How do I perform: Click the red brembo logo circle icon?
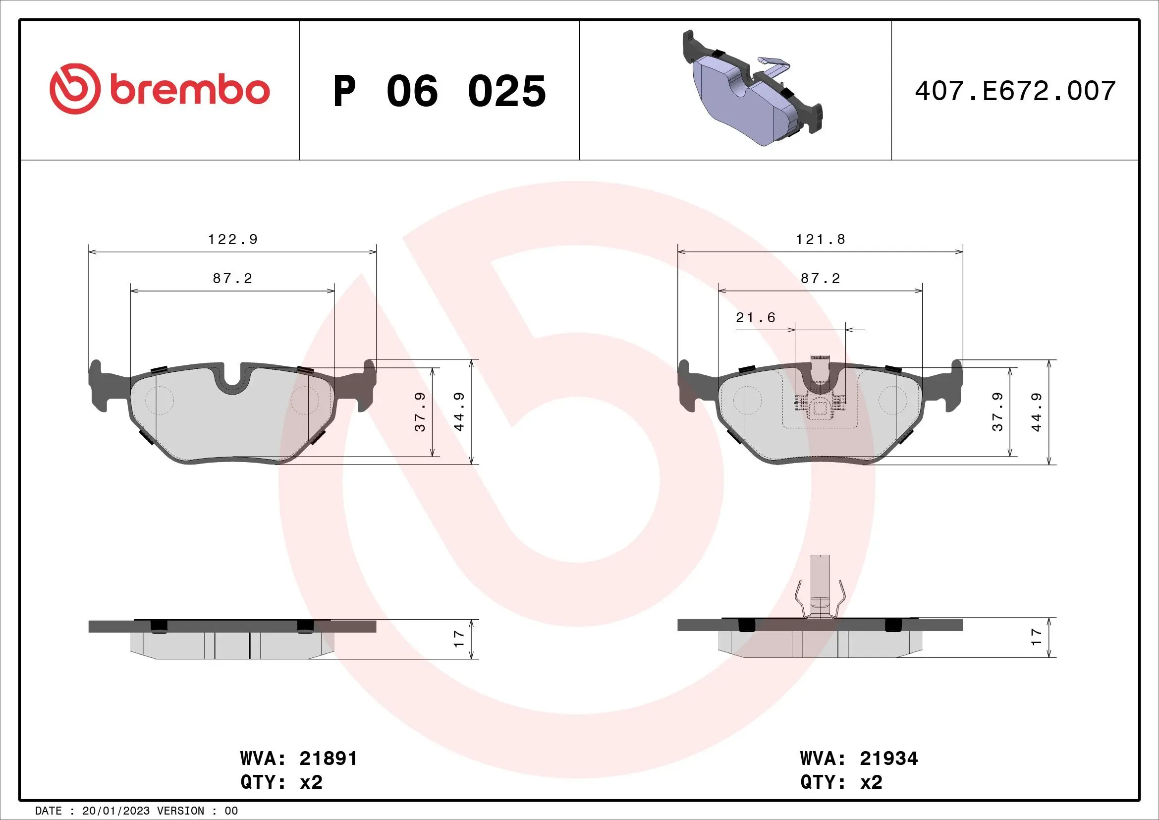tap(74, 89)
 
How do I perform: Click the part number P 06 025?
tap(439, 91)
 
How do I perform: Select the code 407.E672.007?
tap(1015, 91)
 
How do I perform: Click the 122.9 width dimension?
tap(233, 239)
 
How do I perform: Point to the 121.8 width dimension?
tap(820, 239)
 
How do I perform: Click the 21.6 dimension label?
tap(755, 318)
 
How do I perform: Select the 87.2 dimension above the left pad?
tap(232, 279)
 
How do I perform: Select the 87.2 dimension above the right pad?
tap(820, 279)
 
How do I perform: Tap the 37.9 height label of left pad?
tap(420, 412)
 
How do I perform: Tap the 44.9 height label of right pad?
tap(1036, 412)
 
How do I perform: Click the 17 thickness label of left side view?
tap(458, 639)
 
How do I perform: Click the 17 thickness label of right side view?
tap(1036, 637)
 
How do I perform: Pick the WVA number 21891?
tap(328, 759)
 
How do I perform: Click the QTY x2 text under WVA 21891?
tap(281, 782)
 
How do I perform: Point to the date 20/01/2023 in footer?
tap(115, 811)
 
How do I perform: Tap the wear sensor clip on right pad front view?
tap(820, 389)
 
